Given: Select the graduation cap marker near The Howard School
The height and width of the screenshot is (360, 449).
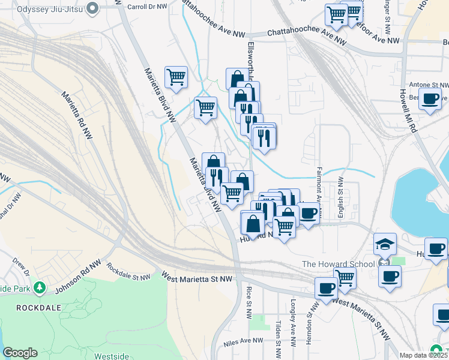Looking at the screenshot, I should (x=385, y=245).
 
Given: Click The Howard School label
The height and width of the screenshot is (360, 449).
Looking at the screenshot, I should (x=338, y=264).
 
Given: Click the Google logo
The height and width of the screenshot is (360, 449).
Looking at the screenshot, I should (x=20, y=353).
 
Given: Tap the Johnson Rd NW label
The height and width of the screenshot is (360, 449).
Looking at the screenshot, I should (x=77, y=278).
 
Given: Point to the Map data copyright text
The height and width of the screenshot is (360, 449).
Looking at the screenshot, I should (x=423, y=355).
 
